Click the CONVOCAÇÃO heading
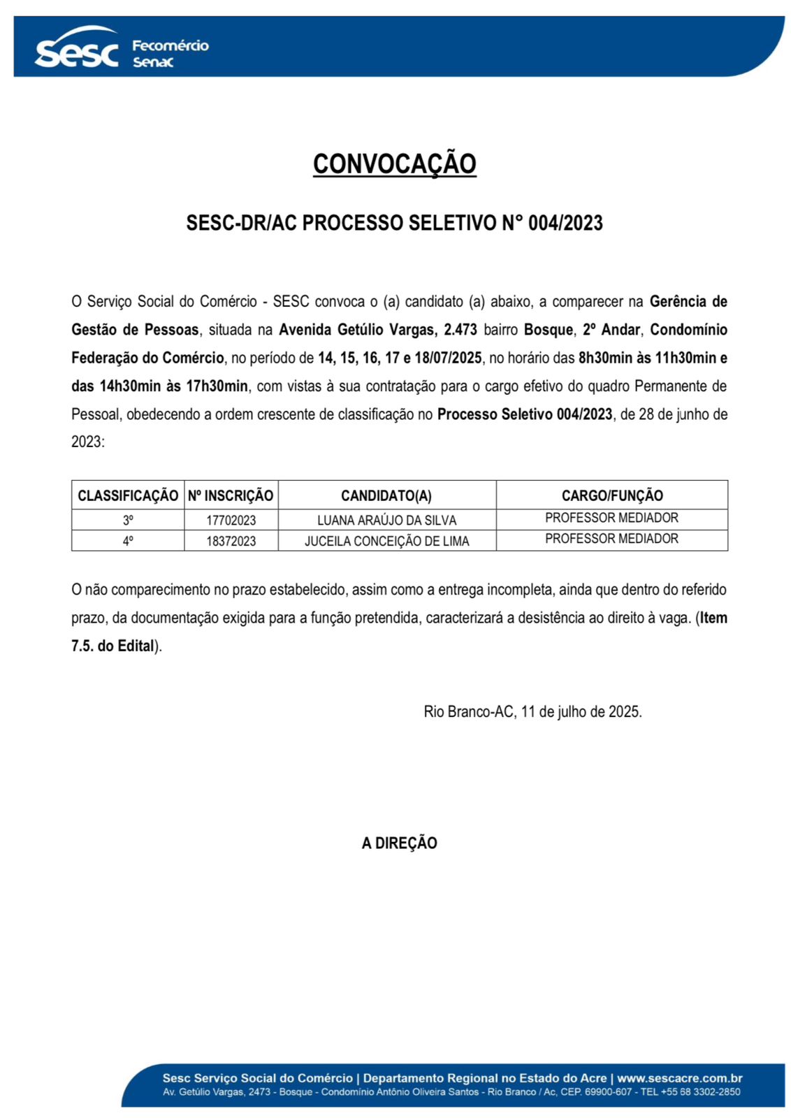[x=394, y=164]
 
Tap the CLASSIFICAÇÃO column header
[x=128, y=495]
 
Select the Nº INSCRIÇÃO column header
[x=231, y=495]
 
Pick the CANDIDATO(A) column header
[x=386, y=495]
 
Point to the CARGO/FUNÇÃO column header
[x=612, y=495]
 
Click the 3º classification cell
[x=128, y=520]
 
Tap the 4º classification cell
[x=128, y=541]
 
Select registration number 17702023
[x=231, y=521]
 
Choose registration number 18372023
[x=231, y=542]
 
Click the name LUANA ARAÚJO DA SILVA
[x=386, y=521]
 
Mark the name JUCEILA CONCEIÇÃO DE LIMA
[x=386, y=542]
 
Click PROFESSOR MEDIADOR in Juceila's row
[x=611, y=539]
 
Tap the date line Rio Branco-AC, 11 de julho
[x=532, y=712]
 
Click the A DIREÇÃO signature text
[x=399, y=843]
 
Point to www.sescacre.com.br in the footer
[x=679, y=1078]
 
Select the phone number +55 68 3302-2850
[x=700, y=1092]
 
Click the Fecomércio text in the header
[x=170, y=46]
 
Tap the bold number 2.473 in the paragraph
[x=460, y=330]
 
